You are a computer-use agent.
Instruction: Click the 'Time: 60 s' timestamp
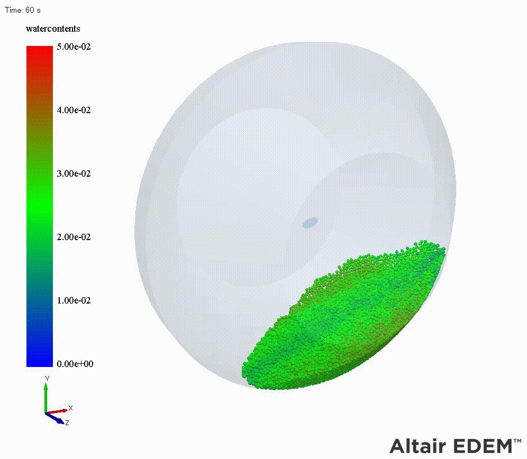coord(23,10)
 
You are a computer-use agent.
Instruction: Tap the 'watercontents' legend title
coord(53,29)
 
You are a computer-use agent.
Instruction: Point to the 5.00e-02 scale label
coord(74,47)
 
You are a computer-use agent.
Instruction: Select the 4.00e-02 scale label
coord(74,110)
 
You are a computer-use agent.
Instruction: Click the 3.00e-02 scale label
coord(74,173)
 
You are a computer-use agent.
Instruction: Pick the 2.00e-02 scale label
coord(74,237)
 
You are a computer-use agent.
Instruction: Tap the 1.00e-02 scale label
coord(74,300)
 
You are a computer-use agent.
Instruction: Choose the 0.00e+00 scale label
coord(75,364)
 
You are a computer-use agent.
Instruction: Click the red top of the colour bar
coord(40,50)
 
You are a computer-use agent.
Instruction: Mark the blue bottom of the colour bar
coord(40,361)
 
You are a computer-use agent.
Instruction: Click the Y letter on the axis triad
coord(47,379)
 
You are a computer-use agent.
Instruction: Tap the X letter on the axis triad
coord(70,408)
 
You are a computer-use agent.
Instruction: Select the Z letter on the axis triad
coord(67,423)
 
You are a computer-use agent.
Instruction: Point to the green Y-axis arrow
coord(46,398)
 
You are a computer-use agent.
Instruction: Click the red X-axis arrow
coord(57,411)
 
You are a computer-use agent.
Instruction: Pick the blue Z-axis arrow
coord(54,418)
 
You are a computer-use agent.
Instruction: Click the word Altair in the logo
coord(418,446)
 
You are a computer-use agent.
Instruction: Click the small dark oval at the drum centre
coord(310,223)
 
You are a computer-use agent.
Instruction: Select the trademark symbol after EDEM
coord(517,440)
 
